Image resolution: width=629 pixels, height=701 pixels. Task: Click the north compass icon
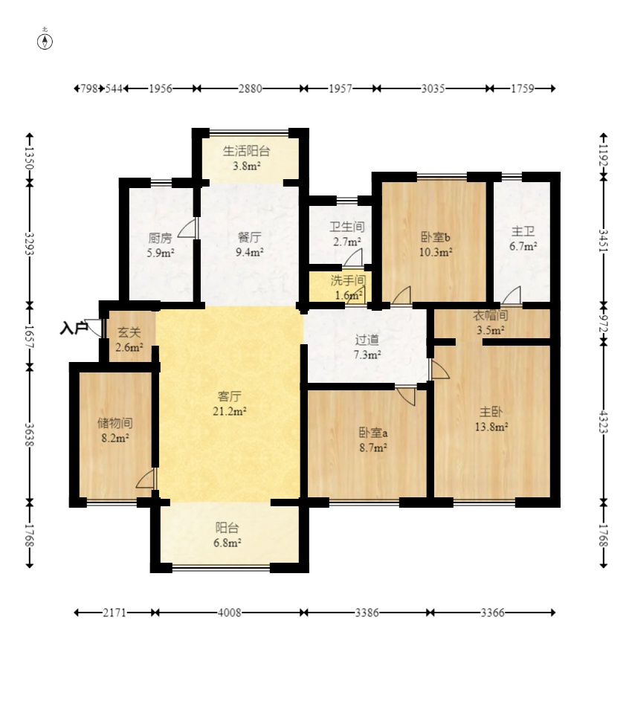pyautogui.click(x=45, y=41)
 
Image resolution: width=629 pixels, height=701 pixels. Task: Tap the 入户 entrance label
pyautogui.click(x=74, y=328)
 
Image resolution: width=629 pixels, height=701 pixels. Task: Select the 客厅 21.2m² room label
pyautogui.click(x=228, y=403)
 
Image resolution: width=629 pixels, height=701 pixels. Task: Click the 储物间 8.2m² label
pyautogui.click(x=114, y=430)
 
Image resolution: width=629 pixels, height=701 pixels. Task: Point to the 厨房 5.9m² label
pyautogui.click(x=161, y=245)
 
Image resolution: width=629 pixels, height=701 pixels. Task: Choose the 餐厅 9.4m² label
pyautogui.click(x=249, y=245)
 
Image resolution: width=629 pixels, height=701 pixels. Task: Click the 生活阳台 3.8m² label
pyautogui.click(x=247, y=158)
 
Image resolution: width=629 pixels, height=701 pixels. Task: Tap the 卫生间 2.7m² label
pyautogui.click(x=346, y=233)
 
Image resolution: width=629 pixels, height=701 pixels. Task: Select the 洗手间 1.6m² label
pyautogui.click(x=347, y=287)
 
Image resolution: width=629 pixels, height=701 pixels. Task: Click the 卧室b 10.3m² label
pyautogui.click(x=436, y=245)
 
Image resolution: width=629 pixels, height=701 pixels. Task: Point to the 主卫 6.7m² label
pyautogui.click(x=523, y=239)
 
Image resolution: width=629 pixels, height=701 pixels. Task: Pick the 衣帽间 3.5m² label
pyautogui.click(x=491, y=323)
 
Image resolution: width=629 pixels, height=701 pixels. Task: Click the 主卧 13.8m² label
pyautogui.click(x=491, y=419)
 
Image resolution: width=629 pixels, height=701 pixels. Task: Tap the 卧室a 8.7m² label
pyautogui.click(x=372, y=440)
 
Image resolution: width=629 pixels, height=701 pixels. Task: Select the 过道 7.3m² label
pyautogui.click(x=367, y=346)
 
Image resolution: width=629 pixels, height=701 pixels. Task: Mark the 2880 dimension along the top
pyautogui.click(x=250, y=88)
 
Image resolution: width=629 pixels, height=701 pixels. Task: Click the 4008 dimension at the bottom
pyautogui.click(x=229, y=613)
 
